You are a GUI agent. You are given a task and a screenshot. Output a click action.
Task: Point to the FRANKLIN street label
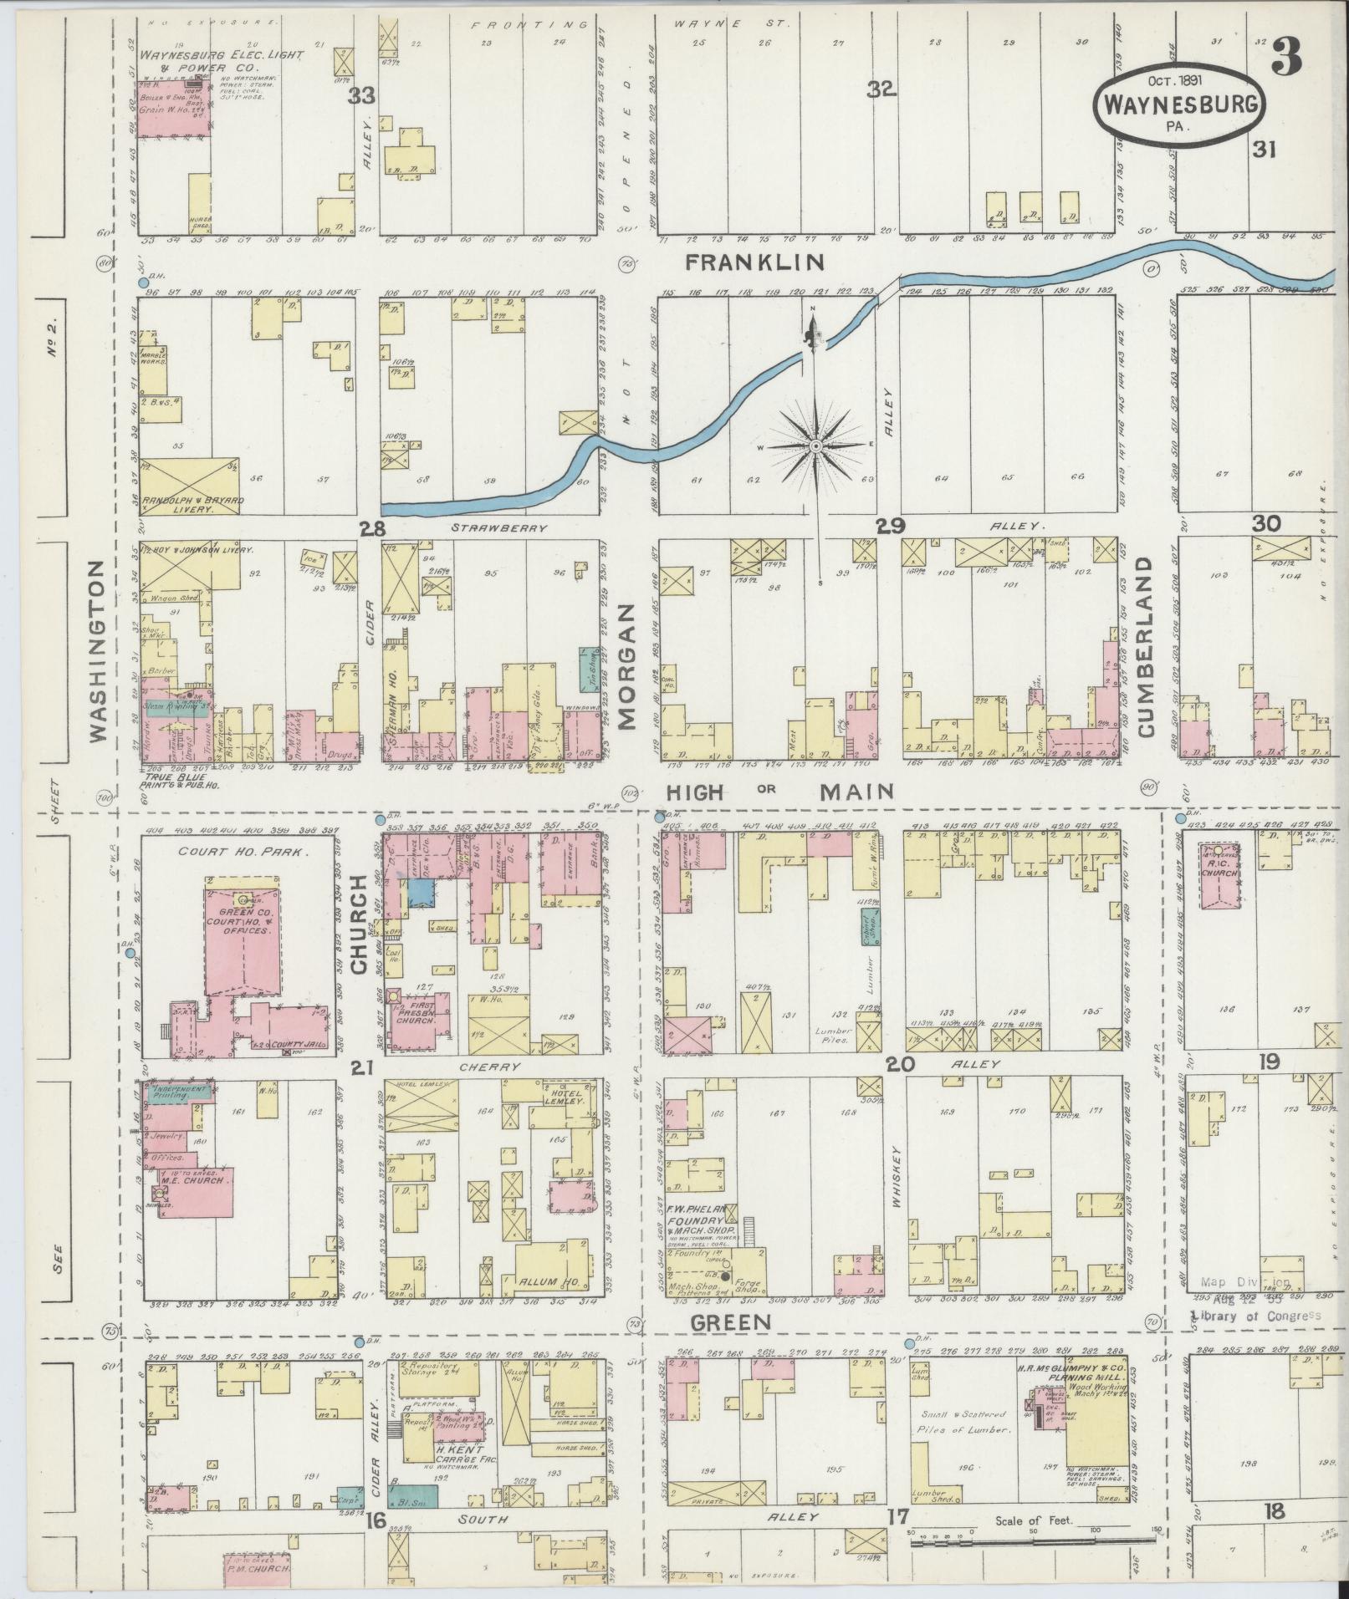pos(754,262)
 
